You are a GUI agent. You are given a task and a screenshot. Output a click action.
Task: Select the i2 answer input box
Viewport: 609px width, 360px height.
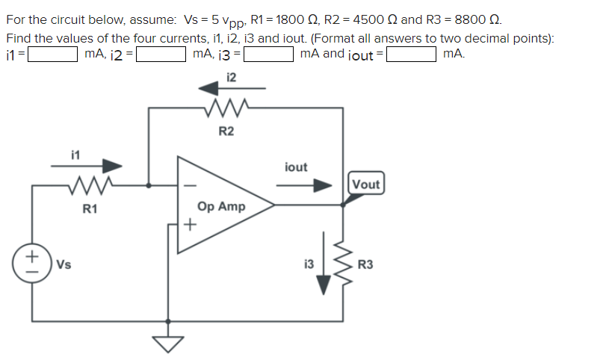(x=160, y=54)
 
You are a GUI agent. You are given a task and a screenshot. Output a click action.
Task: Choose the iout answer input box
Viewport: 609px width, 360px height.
(x=410, y=54)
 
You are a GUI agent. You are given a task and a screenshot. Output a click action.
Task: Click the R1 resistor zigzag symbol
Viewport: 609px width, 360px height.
(x=89, y=184)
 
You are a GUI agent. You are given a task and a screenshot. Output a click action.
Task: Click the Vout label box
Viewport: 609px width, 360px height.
(x=366, y=184)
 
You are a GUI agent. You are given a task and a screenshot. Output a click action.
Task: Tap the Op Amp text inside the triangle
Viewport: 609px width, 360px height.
(x=220, y=206)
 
